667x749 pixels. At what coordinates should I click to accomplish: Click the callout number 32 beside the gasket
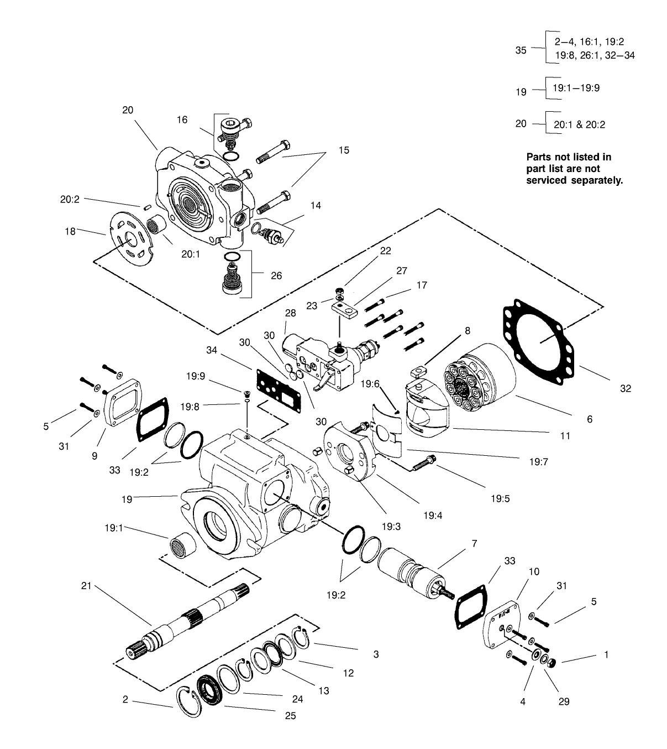[x=625, y=388]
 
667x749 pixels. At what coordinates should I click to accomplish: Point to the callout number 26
[x=276, y=275]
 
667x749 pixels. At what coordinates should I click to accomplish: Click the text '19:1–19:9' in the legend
[x=576, y=88]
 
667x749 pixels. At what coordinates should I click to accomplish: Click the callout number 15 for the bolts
[x=344, y=150]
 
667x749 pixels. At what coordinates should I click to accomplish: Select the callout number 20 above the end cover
[x=128, y=110]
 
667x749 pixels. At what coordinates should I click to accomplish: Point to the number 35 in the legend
[x=521, y=50]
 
